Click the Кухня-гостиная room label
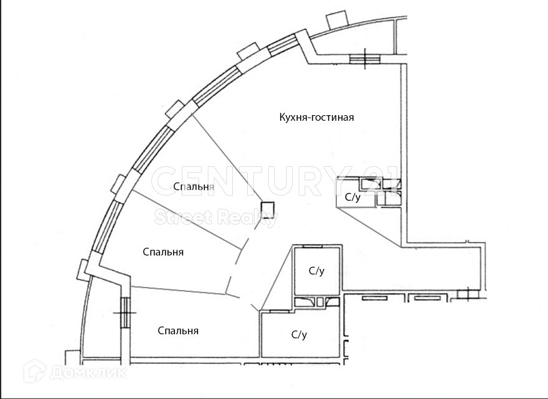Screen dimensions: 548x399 (x=316, y=117)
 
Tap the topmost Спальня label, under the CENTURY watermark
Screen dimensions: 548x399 (x=194, y=186)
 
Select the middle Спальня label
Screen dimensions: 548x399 (x=163, y=252)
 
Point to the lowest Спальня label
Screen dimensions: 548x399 (x=178, y=331)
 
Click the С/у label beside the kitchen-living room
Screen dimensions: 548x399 (x=352, y=197)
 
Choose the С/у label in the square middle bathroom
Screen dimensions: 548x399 (x=317, y=271)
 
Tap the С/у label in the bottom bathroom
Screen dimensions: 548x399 (x=300, y=335)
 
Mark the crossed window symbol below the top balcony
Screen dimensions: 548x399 (x=365, y=59)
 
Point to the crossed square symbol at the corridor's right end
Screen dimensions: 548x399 (x=464, y=294)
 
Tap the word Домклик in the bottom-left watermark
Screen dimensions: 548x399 (x=87, y=373)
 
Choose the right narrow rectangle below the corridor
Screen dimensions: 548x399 (x=427, y=299)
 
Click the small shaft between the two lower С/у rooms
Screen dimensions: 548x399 (x=320, y=302)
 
